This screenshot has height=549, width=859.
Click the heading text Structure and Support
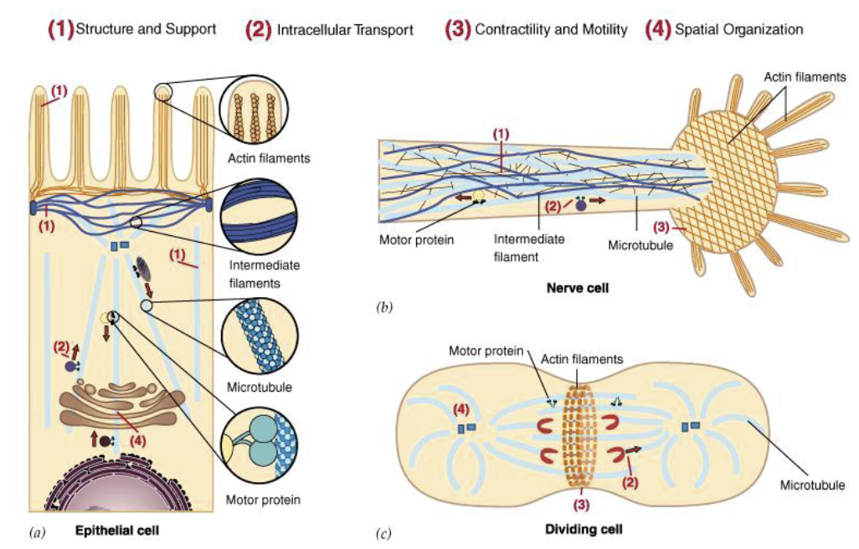146,29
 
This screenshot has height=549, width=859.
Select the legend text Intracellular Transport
344,30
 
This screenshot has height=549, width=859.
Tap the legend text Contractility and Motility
551,29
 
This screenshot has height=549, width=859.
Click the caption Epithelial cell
116,530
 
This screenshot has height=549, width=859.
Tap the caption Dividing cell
584,529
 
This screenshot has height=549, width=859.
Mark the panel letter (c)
384,532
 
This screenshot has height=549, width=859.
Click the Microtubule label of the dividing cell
813,485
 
